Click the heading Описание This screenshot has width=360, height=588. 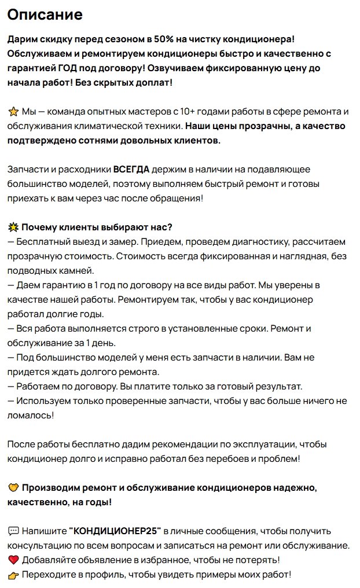pyautogui.click(x=45, y=14)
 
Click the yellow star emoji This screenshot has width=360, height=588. pyautogui.click(x=13, y=111)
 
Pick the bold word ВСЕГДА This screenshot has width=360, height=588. pyautogui.click(x=131, y=170)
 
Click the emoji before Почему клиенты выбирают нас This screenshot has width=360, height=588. pyautogui.click(x=13, y=227)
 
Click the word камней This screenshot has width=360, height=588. pyautogui.click(x=78, y=270)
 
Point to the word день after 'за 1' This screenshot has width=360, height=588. pyautogui.click(x=99, y=343)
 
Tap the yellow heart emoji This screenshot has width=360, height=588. pyautogui.click(x=13, y=488)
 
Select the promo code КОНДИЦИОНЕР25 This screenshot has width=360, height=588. pyautogui.click(x=115, y=531)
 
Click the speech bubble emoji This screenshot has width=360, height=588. pyautogui.click(x=13, y=531)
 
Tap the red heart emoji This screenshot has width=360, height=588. pyautogui.click(x=13, y=560)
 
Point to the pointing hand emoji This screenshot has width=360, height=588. pyautogui.click(x=13, y=575)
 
